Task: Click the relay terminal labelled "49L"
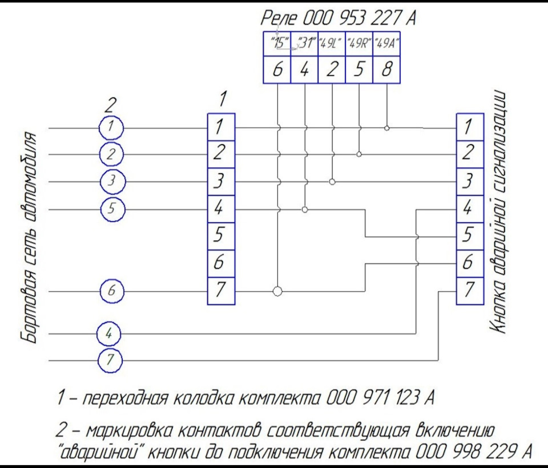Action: click(332, 44)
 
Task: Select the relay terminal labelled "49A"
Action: click(386, 44)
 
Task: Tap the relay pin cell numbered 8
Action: click(386, 70)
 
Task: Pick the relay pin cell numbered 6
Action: click(277, 70)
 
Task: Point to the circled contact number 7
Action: click(110, 360)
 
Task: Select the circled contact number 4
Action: click(109, 333)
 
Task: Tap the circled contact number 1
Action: click(111, 127)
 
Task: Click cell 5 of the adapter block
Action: click(221, 236)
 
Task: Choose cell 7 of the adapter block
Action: click(221, 291)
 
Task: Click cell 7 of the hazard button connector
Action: click(470, 291)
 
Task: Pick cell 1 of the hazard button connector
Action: click(470, 127)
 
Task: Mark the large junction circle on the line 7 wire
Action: click(277, 291)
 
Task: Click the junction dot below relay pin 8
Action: click(386, 128)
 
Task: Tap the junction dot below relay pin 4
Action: click(305, 209)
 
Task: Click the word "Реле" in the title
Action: click(279, 18)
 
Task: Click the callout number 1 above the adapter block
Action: click(223, 99)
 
